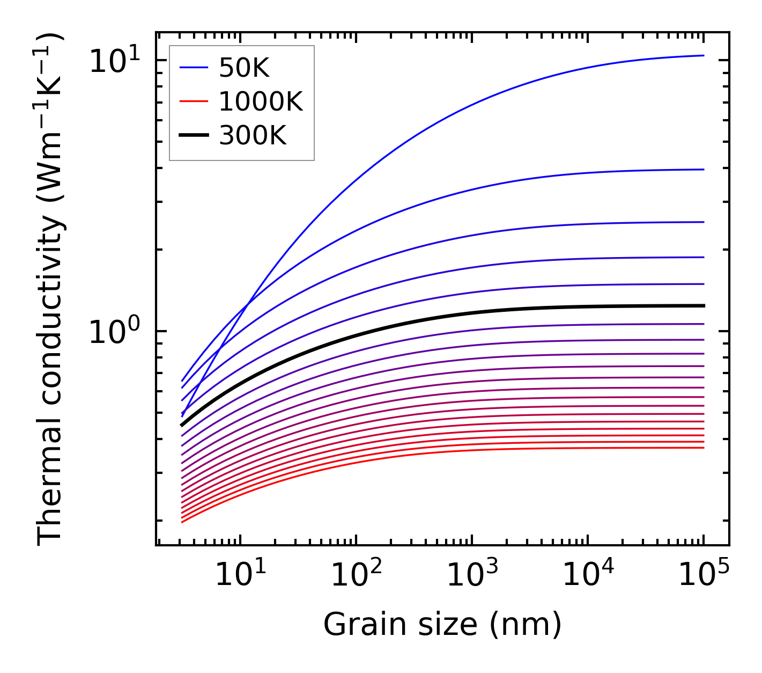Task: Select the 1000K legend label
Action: [x=261, y=101]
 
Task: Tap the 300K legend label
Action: [x=253, y=136]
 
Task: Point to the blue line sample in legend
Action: [x=193, y=68]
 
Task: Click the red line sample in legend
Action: [x=193, y=101]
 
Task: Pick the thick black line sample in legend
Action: [x=193, y=136]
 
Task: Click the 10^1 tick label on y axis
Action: [x=113, y=61]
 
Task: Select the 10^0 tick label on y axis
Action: [x=113, y=332]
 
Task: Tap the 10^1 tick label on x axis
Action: [x=240, y=575]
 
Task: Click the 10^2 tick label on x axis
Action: [x=356, y=575]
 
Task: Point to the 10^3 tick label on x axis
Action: [x=472, y=575]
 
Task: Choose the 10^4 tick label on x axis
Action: [x=588, y=575]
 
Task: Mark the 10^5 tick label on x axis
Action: [x=704, y=575]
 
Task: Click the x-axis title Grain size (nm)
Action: [x=442, y=624]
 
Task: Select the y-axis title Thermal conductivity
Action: [x=50, y=290]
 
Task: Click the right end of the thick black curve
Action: [x=703, y=305]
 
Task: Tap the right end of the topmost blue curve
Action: [x=703, y=55]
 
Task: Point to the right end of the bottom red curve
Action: [x=703, y=448]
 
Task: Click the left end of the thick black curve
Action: [x=182, y=425]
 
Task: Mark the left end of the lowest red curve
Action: [x=182, y=522]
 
